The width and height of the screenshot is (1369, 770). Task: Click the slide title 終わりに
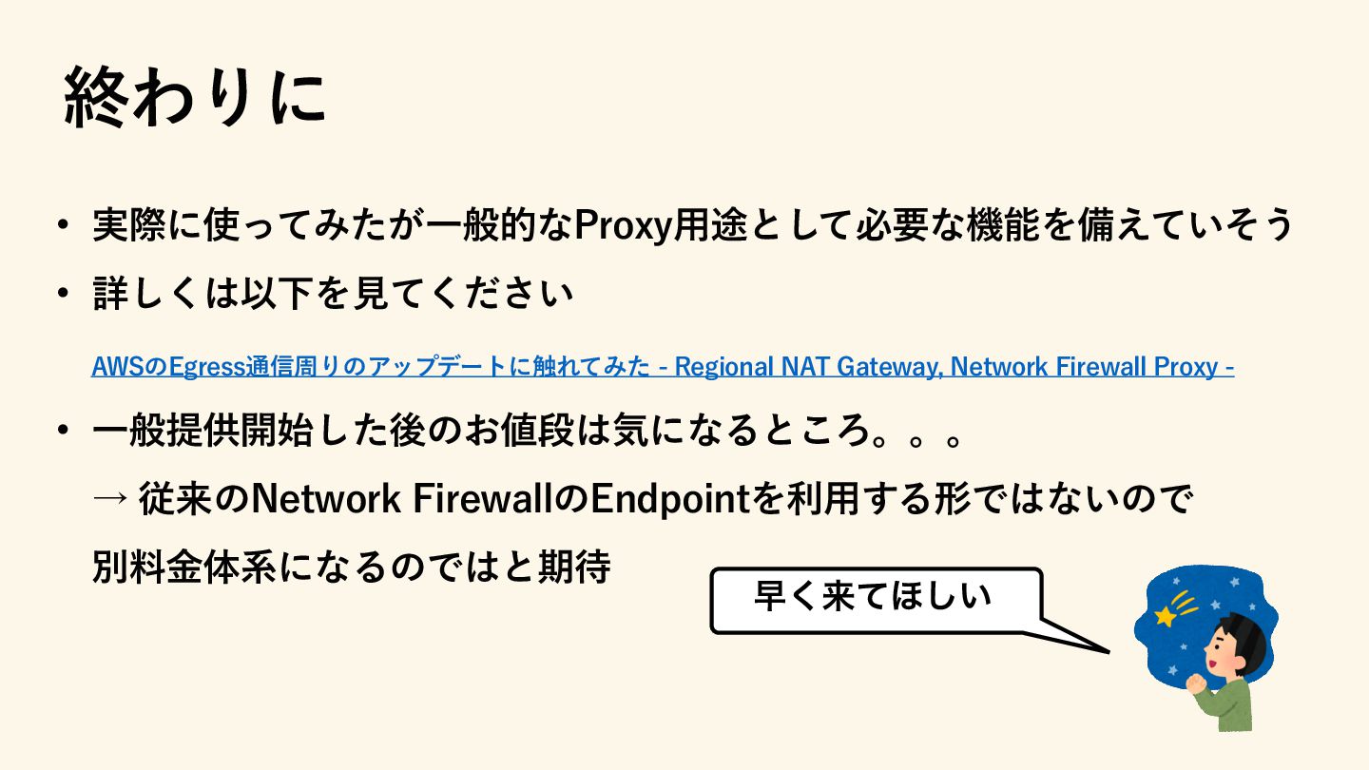[195, 98]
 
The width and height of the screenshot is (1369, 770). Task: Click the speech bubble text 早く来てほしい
[873, 597]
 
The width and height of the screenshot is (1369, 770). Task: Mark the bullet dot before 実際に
[64, 226]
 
